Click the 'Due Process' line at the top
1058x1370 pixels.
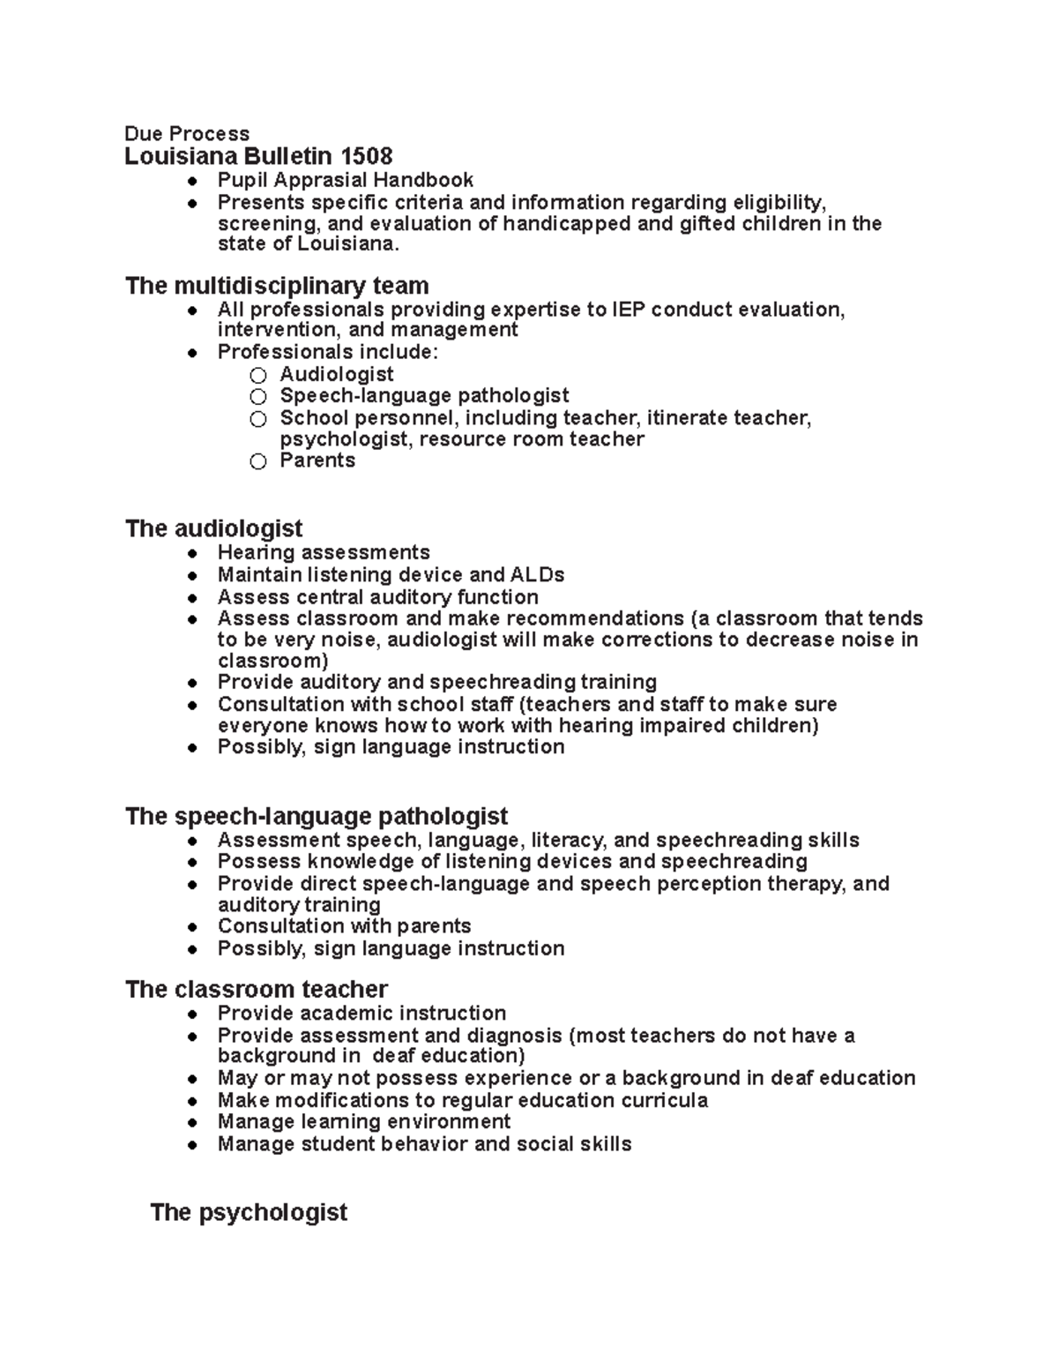[187, 133]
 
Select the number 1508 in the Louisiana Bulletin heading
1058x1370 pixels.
[366, 157]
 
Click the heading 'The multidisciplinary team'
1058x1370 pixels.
[277, 286]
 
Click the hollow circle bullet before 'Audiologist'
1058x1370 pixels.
[257, 376]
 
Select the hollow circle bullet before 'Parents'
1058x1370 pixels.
[257, 461]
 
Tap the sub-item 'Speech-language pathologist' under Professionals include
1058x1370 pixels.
[424, 395]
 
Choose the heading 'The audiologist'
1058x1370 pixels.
[213, 528]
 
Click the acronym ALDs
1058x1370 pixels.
[537, 575]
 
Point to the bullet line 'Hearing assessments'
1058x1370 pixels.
[324, 552]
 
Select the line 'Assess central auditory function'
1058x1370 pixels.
[377, 597]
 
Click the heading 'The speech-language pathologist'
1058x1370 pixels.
[317, 816]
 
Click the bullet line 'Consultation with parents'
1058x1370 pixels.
[344, 926]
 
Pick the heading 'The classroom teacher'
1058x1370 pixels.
[257, 989]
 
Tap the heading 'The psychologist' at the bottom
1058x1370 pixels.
[249, 1212]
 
